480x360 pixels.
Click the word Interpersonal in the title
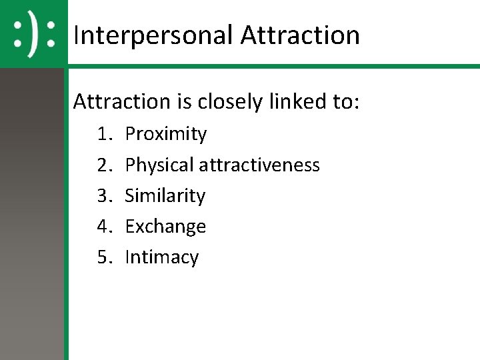(x=153, y=35)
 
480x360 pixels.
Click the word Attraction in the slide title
(x=300, y=35)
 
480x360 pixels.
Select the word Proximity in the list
(x=166, y=134)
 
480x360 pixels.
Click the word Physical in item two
(x=159, y=165)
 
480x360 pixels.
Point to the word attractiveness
(x=259, y=165)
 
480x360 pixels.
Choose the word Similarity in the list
(x=165, y=196)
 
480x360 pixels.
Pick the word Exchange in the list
(x=165, y=227)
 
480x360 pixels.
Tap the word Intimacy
(x=162, y=257)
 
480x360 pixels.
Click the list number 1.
(x=105, y=134)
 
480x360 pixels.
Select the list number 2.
(x=105, y=165)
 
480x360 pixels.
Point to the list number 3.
(x=105, y=196)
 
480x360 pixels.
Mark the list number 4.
(x=105, y=227)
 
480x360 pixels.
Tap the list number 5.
(x=105, y=257)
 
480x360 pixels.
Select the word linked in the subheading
(x=299, y=101)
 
